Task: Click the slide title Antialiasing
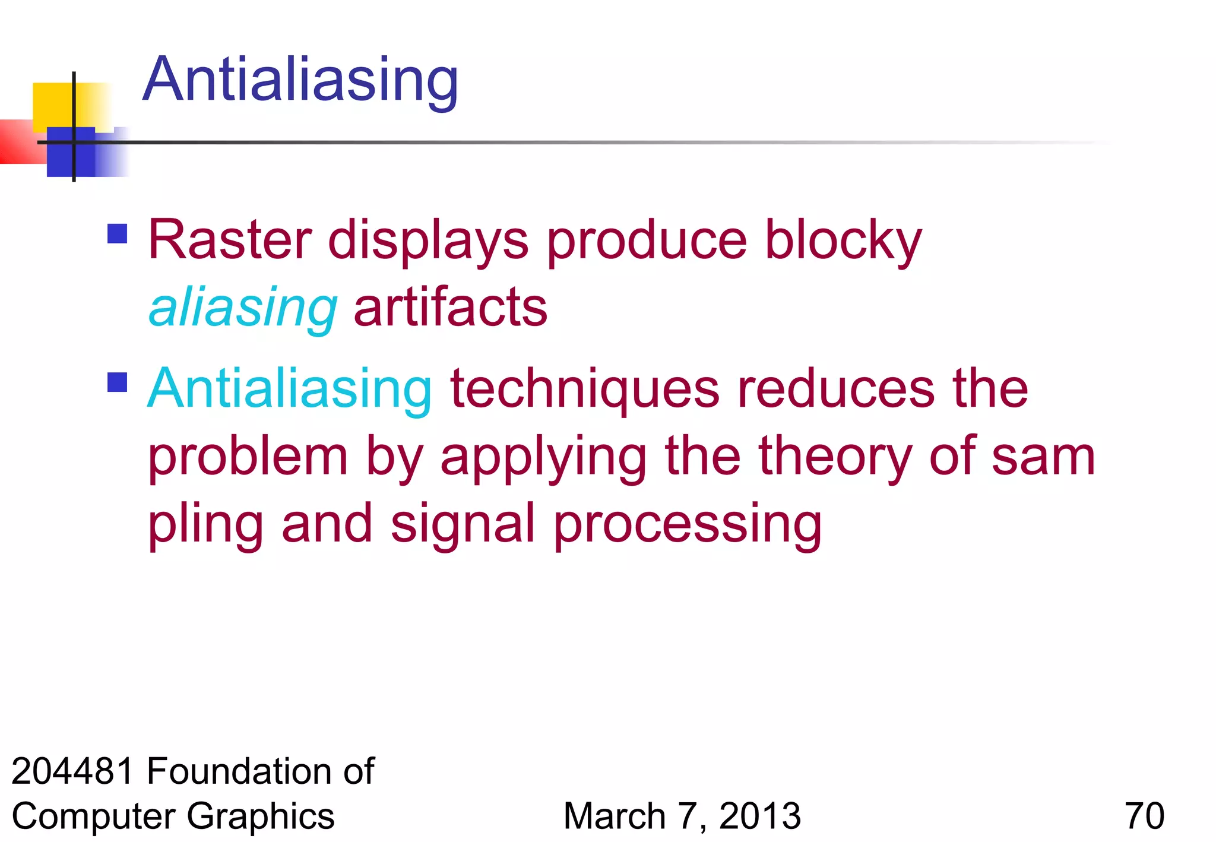300,80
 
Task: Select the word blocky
843,240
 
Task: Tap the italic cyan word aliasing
243,308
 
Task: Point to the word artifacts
450,308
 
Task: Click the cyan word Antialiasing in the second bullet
290,389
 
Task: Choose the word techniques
585,389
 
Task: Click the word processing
688,524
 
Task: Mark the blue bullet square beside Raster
118,233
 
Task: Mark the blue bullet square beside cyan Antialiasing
118,382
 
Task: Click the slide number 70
1144,816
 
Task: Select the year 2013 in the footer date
760,816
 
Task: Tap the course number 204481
72,771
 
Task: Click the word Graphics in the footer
261,816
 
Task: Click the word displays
428,240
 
